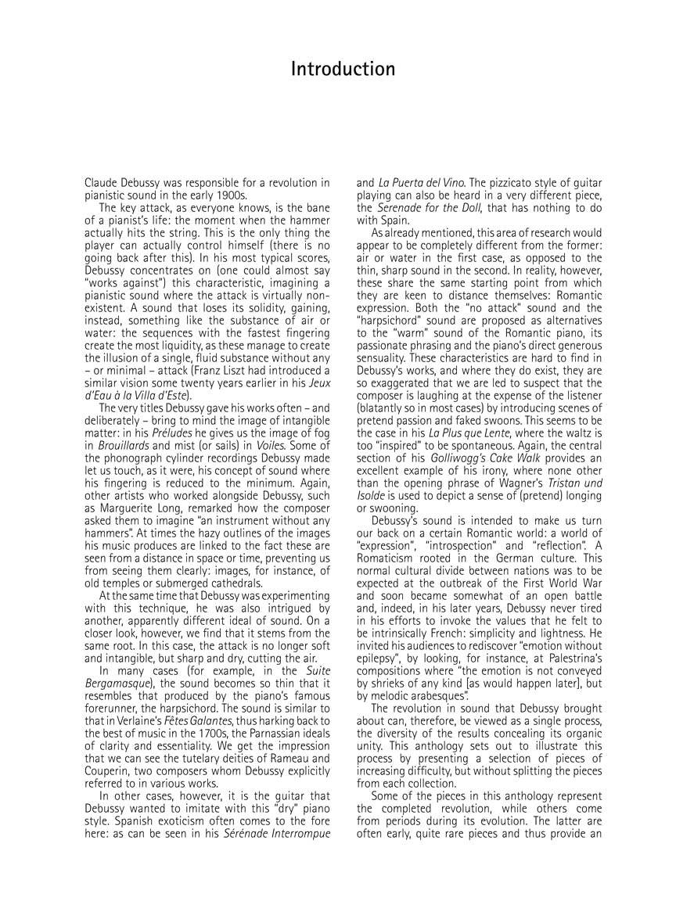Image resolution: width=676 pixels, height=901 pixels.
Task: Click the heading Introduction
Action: [x=343, y=69]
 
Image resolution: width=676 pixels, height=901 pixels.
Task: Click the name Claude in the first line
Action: [x=102, y=183]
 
